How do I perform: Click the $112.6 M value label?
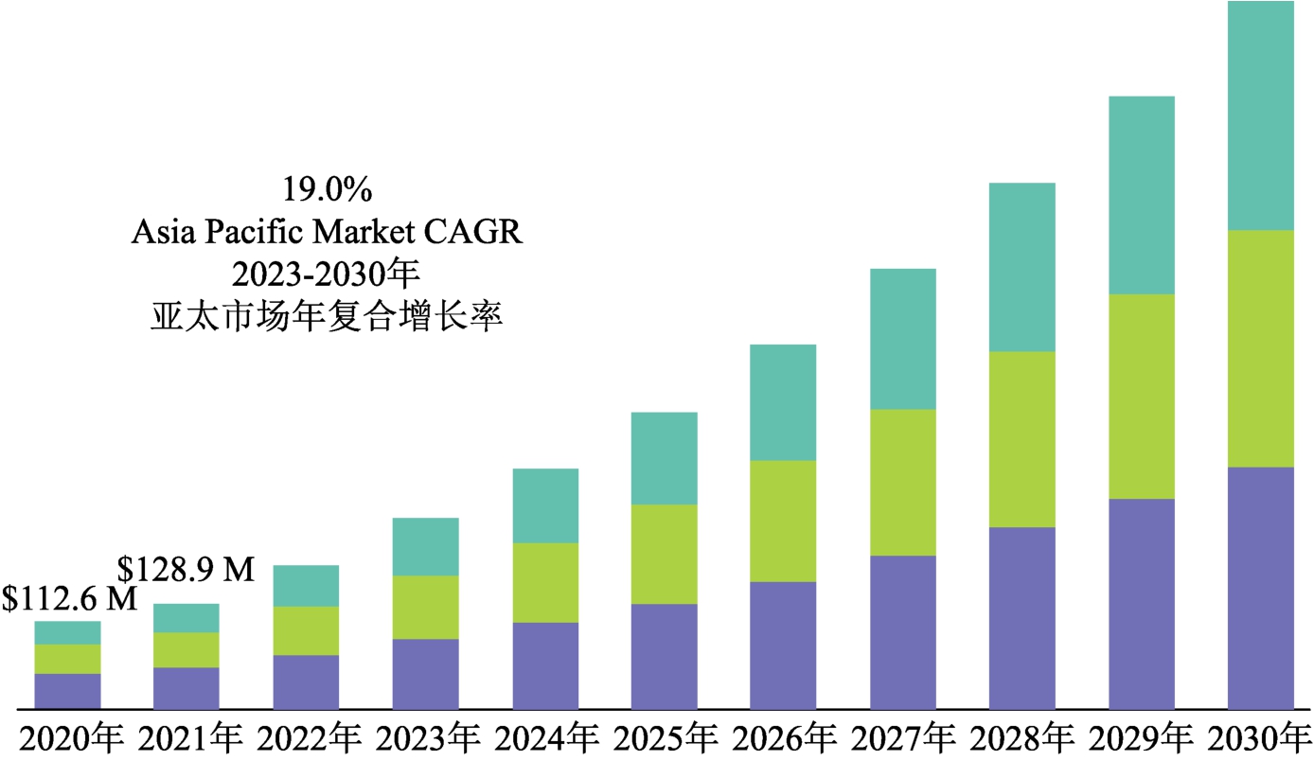coord(69,599)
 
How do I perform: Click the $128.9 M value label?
coord(186,569)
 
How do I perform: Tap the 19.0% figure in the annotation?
coord(327,190)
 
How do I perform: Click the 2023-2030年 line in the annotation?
coord(327,274)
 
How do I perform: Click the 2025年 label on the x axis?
coord(663,739)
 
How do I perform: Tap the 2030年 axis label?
coord(1259,739)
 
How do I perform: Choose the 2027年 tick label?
coord(901,739)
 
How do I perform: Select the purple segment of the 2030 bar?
coord(1260,587)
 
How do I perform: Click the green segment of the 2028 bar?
coord(1021,439)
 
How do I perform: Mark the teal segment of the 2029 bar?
coord(1141,195)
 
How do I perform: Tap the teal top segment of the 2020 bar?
coord(67,632)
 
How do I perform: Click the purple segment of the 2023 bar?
coord(425,673)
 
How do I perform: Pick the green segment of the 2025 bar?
coord(664,554)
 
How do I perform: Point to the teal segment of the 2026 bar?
coord(783,402)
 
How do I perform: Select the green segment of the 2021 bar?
coord(186,649)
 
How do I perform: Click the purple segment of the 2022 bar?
coord(306,681)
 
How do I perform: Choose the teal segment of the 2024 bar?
coord(544,505)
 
